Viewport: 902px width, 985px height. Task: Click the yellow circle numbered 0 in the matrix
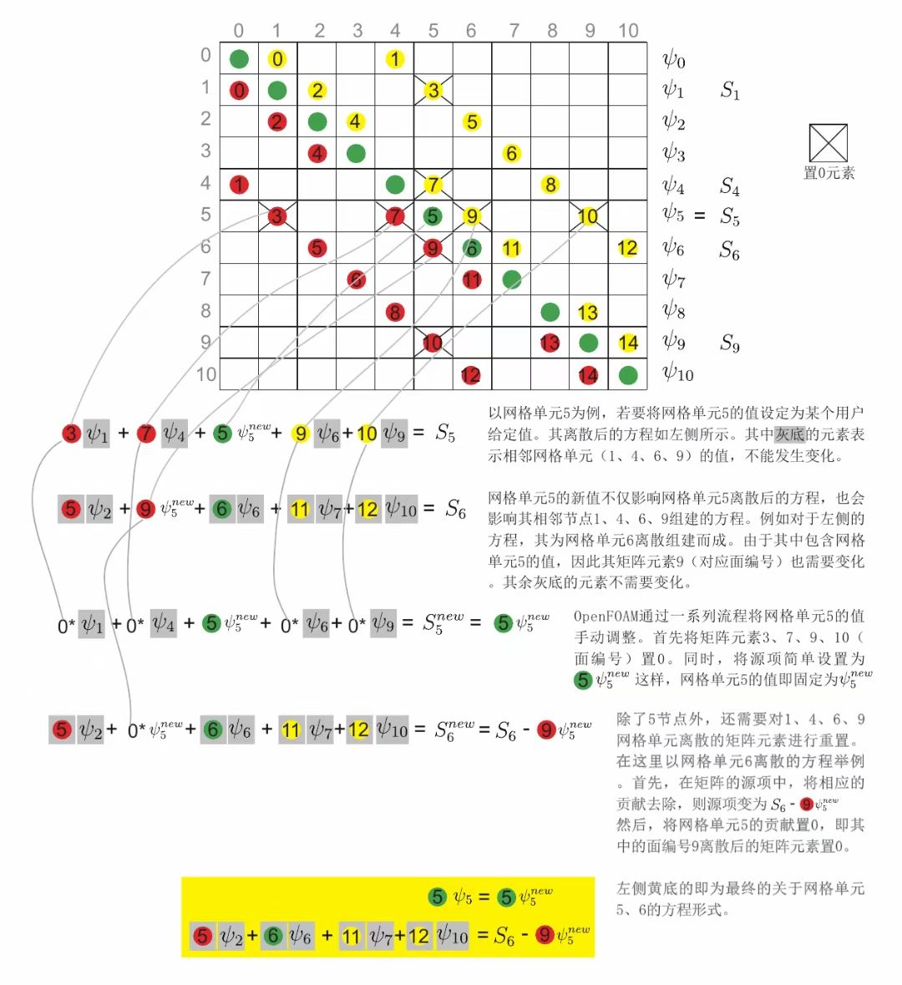(x=277, y=59)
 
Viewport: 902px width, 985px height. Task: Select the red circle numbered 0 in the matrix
(x=239, y=90)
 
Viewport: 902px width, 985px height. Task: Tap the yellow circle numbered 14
(x=628, y=343)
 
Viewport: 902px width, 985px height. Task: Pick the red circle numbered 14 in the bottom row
(x=588, y=375)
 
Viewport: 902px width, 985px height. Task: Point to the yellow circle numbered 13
(x=588, y=312)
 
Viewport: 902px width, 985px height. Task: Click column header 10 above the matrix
(x=628, y=31)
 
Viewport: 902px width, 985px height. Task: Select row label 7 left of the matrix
(x=205, y=278)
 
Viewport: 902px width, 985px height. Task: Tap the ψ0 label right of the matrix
(x=674, y=59)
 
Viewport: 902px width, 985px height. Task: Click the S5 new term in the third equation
(x=443, y=622)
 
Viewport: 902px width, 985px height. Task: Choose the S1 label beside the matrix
(x=730, y=90)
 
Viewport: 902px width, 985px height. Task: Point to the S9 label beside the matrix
(x=730, y=343)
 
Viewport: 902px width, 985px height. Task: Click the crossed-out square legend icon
(x=828, y=143)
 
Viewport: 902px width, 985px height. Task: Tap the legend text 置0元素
(x=829, y=174)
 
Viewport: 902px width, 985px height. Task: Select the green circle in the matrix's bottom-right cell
(x=628, y=375)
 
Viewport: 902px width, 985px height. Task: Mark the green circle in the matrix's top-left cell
(x=239, y=59)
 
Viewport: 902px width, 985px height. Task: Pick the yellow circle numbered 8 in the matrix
(x=550, y=185)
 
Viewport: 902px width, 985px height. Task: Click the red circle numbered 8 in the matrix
(x=394, y=312)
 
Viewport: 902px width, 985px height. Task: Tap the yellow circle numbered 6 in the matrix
(x=511, y=154)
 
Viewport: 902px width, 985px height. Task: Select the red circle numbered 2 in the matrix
(x=277, y=122)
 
